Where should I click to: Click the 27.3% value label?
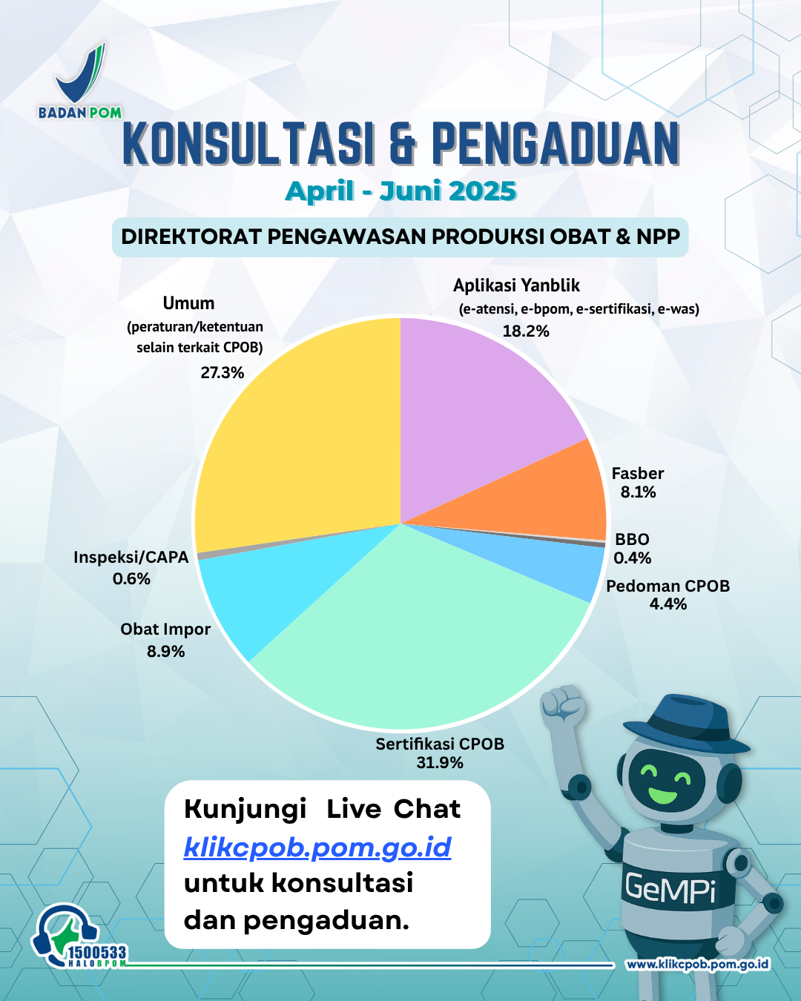pos(222,372)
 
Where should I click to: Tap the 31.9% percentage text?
pos(440,763)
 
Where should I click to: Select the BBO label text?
pos(632,539)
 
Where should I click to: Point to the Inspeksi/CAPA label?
pos(131,558)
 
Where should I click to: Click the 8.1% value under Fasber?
pos(638,492)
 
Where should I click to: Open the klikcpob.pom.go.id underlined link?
pos(317,847)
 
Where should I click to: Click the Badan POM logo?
pos(80,81)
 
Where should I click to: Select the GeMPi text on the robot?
pos(670,889)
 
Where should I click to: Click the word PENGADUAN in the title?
pos(556,143)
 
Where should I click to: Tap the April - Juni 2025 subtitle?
pos(400,191)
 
